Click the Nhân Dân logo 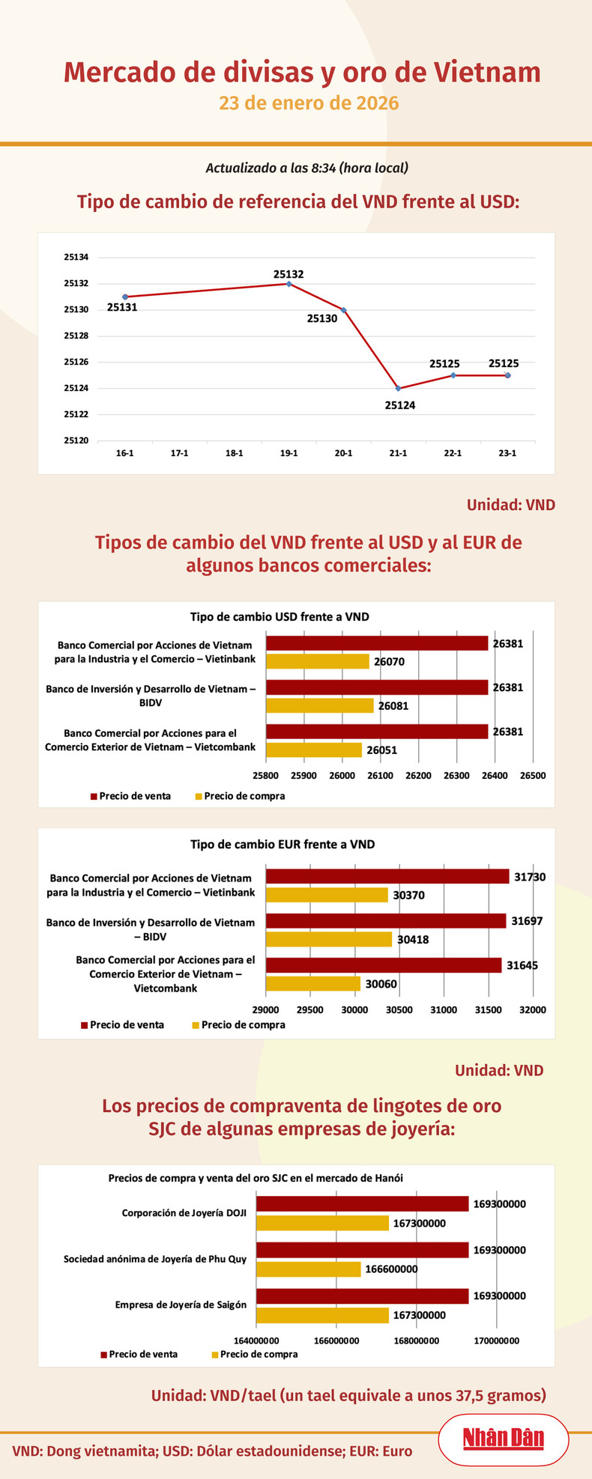[x=503, y=1438]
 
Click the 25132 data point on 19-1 [x=289, y=284]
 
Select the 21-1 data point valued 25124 [x=398, y=388]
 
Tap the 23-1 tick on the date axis [x=507, y=453]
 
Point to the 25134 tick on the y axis [x=76, y=257]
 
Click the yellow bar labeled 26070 [x=318, y=661]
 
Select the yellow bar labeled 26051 [x=314, y=750]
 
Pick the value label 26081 [x=393, y=705]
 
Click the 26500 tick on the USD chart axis [x=532, y=776]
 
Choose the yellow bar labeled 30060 [x=313, y=984]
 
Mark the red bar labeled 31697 [x=386, y=921]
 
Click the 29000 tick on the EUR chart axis [x=266, y=1009]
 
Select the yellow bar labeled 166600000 [x=309, y=1269]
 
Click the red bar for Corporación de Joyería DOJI [x=363, y=1203]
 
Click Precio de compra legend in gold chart [x=254, y=1354]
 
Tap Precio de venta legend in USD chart [x=130, y=796]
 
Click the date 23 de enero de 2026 [x=309, y=103]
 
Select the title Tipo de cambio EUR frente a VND [x=282, y=844]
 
